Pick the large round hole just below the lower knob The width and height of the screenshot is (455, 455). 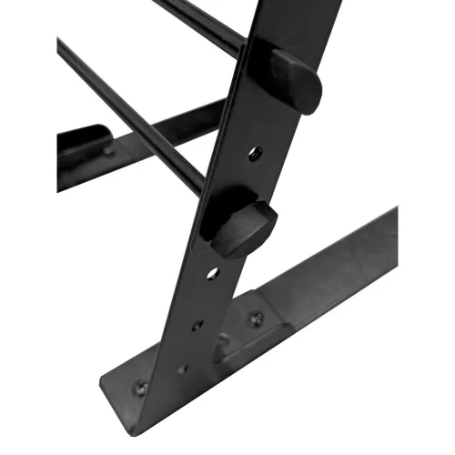pos(212,273)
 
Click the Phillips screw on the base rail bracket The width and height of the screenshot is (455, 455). pos(256,319)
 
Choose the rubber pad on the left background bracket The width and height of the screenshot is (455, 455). pos(82,141)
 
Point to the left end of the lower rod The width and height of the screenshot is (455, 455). pos(62,45)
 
